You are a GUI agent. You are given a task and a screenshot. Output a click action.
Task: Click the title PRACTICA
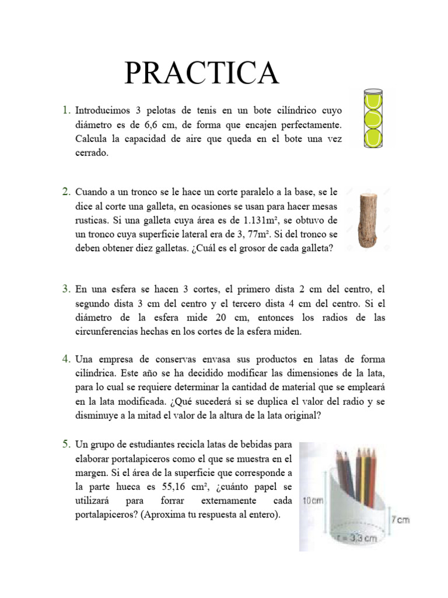(201, 72)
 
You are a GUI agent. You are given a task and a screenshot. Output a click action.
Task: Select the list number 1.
(66, 110)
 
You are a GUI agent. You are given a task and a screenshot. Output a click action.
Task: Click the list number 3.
(66, 289)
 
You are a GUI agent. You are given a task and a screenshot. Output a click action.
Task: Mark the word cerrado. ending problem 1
(92, 153)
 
